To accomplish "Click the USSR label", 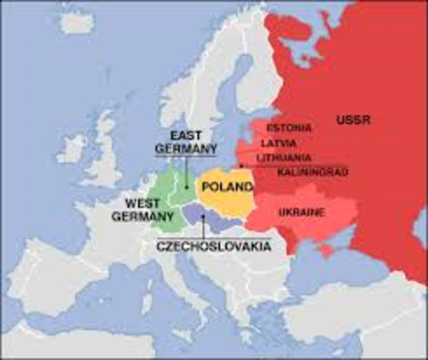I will (353, 120).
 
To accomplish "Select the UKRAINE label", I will (301, 212).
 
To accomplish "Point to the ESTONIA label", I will (289, 127).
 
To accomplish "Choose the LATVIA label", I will (278, 142).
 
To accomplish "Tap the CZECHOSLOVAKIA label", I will (214, 246).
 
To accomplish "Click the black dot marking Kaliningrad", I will (240, 166).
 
